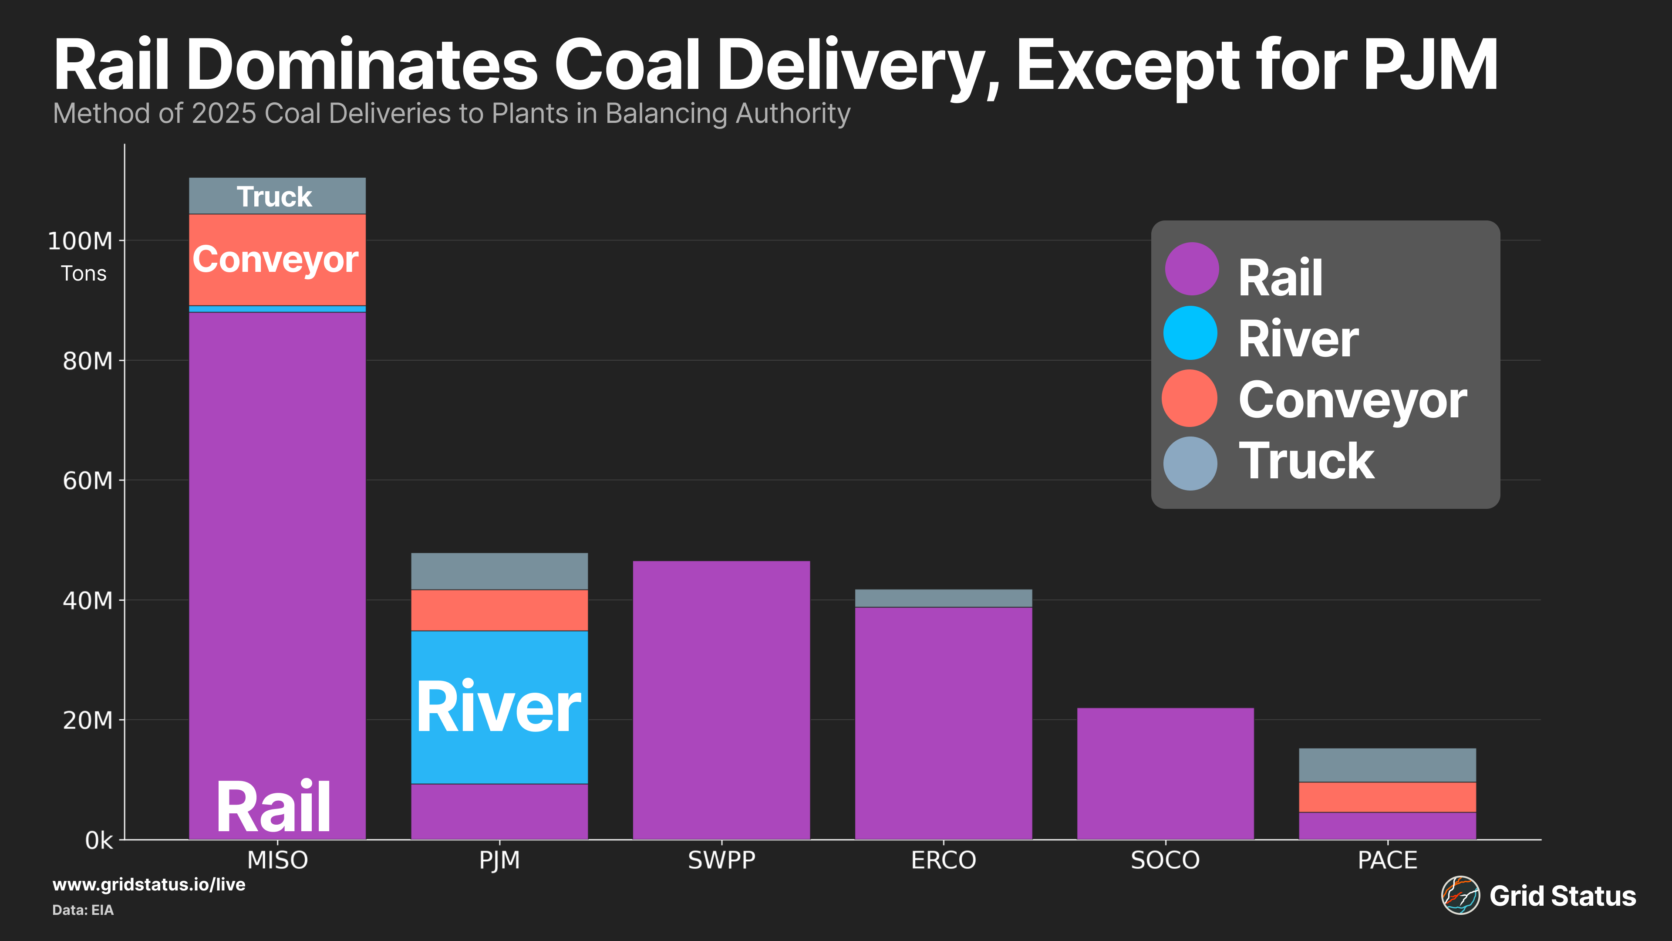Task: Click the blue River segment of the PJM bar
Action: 499,707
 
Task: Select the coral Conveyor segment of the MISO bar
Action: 277,259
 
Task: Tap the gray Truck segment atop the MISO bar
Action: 277,196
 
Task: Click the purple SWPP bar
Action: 721,700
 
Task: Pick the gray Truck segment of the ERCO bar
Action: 943,598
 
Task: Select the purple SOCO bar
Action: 1165,773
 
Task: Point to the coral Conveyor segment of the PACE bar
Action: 1387,797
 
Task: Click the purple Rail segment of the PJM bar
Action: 499,812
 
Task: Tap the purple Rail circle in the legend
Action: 1191,269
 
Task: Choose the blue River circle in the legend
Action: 1190,333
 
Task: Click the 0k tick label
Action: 99,840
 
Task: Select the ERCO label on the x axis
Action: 943,860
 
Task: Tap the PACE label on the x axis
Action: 1387,860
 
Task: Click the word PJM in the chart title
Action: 1430,65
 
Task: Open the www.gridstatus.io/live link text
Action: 148,884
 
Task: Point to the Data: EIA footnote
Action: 83,910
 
